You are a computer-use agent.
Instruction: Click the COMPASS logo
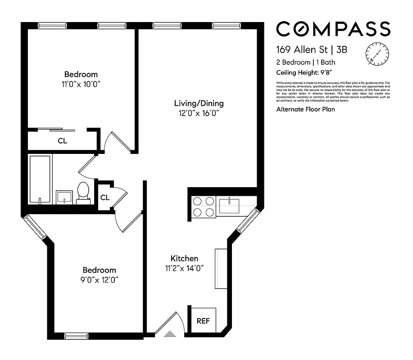(333, 29)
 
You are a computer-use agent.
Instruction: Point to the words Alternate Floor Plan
(305, 109)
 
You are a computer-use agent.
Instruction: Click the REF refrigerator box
(202, 321)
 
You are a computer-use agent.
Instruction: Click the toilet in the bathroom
(83, 192)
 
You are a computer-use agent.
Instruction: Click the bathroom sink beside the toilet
(64, 197)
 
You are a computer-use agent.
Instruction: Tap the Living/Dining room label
(199, 103)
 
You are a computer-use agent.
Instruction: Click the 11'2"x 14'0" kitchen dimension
(184, 269)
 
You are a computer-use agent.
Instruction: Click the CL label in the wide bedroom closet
(62, 141)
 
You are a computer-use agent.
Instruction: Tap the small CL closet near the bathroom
(104, 197)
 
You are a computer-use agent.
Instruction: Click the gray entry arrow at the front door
(170, 334)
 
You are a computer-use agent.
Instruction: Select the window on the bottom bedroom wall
(76, 335)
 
